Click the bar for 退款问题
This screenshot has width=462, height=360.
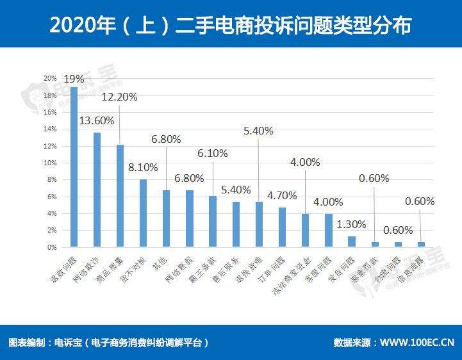pos(74,167)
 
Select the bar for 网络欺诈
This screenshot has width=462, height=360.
pos(97,190)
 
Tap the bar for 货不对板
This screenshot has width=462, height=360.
pos(143,213)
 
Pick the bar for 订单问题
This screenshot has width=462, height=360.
pos(282,227)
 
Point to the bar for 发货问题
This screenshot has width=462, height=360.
pos(352,241)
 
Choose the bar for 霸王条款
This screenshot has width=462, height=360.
pos(213,221)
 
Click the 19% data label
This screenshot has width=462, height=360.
pos(74,79)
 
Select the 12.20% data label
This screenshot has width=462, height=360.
pos(120,97)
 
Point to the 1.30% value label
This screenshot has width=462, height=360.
pos(351,225)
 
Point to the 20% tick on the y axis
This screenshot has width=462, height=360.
pos(50,78)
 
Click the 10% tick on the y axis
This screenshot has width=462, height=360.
pos(50,163)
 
